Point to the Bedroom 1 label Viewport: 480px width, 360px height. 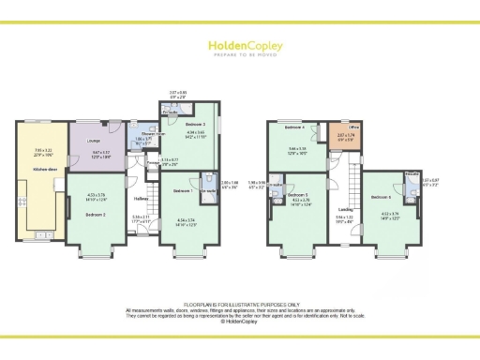coord(185,191)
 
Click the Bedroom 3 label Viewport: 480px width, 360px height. coord(195,124)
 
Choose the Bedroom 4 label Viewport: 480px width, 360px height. coord(295,127)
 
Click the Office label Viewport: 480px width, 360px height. coord(355,127)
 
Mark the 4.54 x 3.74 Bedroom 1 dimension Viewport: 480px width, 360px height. coord(187,221)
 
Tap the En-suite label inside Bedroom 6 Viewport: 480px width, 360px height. coord(411,174)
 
